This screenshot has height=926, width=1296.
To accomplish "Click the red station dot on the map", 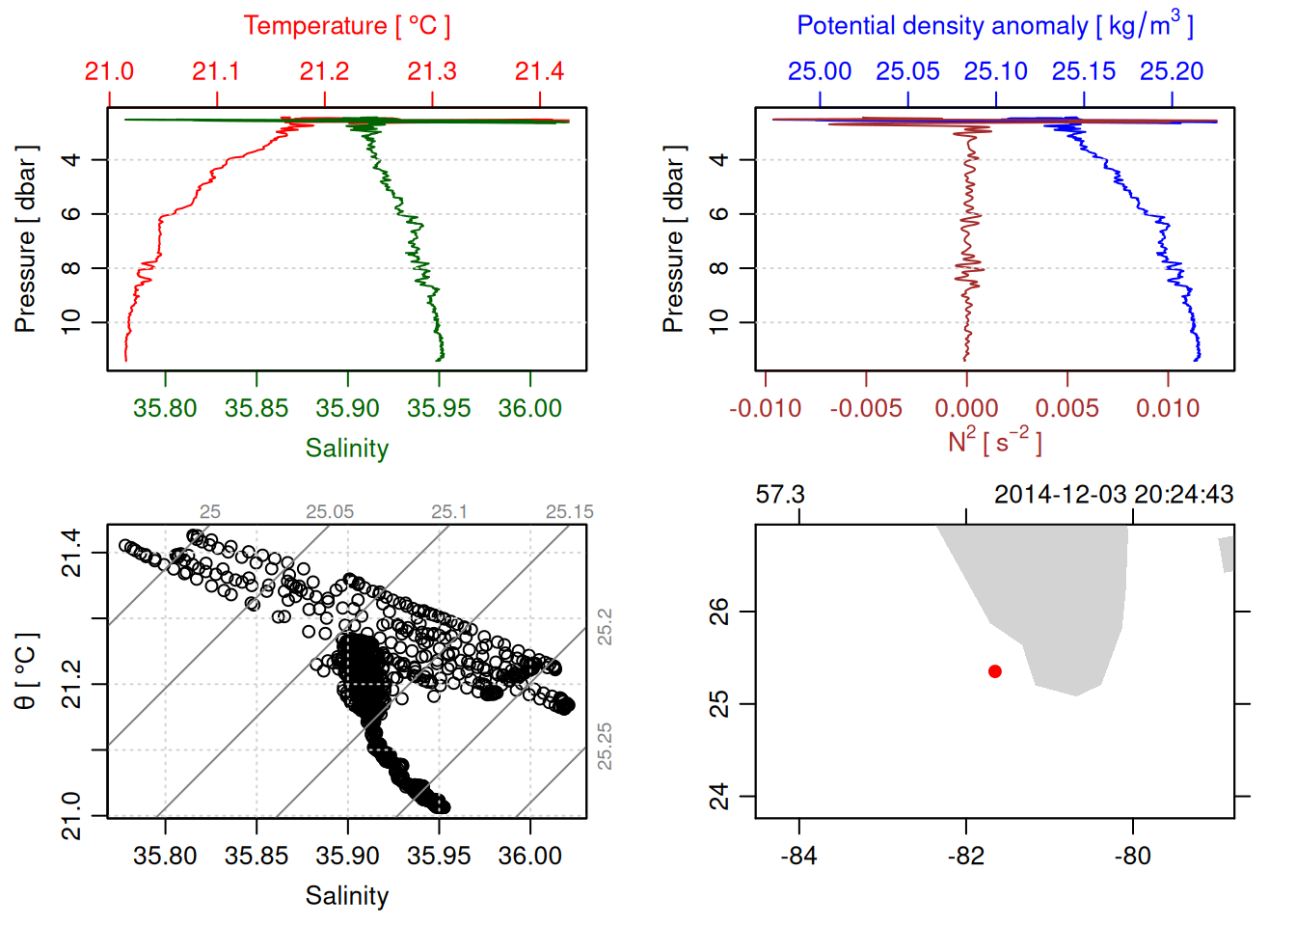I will pos(995,671).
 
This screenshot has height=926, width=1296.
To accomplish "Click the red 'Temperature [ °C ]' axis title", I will pos(346,26).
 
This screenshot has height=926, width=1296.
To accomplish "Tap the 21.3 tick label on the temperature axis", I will pos(432,71).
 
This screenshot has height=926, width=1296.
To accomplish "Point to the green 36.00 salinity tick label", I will pos(529,408).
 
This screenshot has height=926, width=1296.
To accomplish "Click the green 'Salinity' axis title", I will pos(346,449).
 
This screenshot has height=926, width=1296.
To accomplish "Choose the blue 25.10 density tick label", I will pos(996,71).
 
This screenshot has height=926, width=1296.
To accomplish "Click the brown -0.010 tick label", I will pos(765,408).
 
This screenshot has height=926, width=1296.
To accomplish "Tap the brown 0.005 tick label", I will pos(1067,408).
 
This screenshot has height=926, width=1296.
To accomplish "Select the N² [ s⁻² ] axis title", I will pos(994,442).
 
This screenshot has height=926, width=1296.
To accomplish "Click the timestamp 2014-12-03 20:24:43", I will pos(1114,495).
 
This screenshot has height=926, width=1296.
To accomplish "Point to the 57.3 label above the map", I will pos(780,495).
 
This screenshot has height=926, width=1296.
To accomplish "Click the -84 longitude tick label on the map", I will pos(799,856).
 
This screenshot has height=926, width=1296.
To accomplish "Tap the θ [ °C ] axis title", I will pos(26,671).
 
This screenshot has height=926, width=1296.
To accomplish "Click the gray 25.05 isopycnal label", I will pos(330,512).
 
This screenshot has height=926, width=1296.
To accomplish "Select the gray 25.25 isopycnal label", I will pos(605,746).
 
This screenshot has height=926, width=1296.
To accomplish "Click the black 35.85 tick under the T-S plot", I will pos(256,856).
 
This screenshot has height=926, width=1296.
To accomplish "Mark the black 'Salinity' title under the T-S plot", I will pos(346,896).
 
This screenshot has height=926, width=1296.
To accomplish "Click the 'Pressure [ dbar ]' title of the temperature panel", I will pos(26,239).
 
